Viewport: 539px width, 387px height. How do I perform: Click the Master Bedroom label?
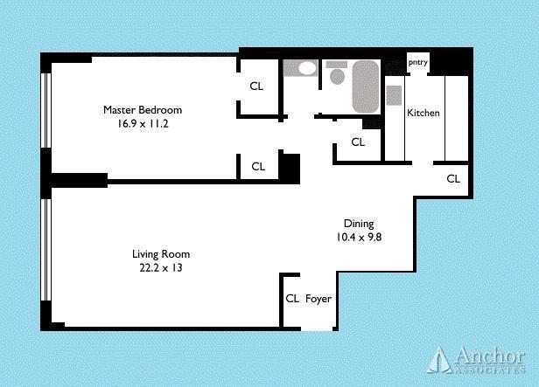[143, 110]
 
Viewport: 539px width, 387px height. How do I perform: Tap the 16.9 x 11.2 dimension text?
[143, 124]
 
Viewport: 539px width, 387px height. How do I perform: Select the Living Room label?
[157, 254]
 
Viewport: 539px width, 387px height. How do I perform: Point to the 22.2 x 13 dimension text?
[157, 268]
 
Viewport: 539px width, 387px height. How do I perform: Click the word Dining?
[358, 224]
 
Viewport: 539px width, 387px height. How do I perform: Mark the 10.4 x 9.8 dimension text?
[358, 237]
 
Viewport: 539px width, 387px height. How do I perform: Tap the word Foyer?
[318, 299]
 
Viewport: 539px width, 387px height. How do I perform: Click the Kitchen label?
[423, 114]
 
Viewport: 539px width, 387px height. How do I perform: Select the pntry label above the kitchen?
[417, 62]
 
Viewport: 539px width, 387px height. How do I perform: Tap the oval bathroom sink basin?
[305, 69]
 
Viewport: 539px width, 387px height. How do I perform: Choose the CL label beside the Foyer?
[292, 299]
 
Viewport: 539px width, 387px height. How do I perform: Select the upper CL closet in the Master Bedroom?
[257, 86]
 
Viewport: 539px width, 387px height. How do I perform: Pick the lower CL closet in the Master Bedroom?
[258, 166]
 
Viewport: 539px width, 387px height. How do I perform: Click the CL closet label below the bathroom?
[358, 142]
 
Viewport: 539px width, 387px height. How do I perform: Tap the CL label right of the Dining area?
[453, 179]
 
